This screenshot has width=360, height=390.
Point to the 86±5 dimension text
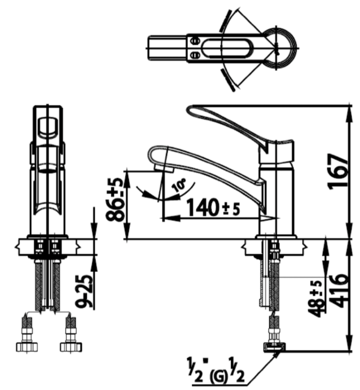(x=117, y=199)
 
